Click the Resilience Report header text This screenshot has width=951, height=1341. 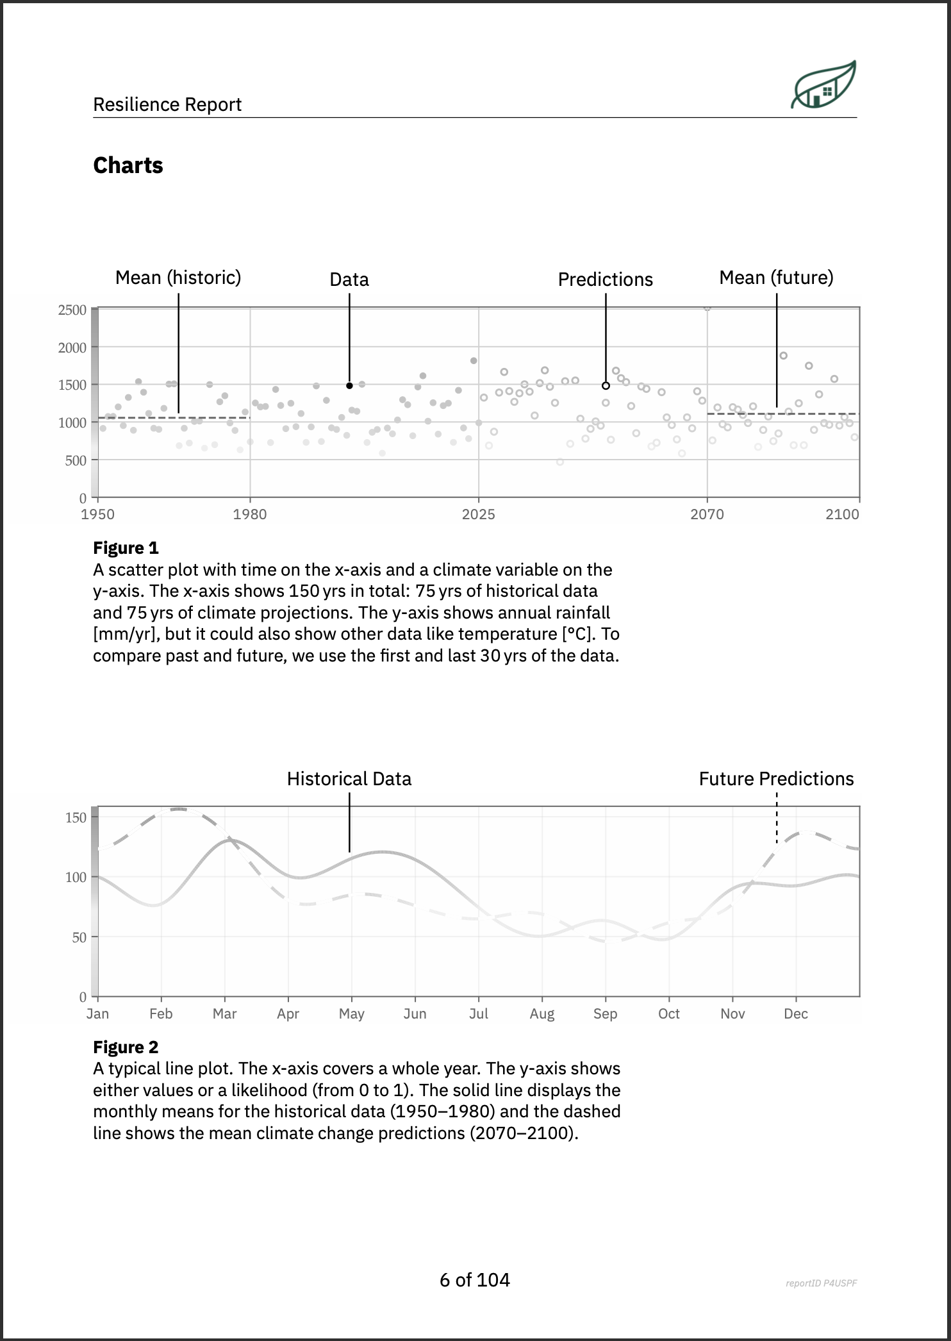pyautogui.click(x=167, y=104)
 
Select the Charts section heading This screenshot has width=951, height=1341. pyautogui.click(x=128, y=165)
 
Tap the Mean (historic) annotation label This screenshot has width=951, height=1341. pyautogui.click(x=178, y=278)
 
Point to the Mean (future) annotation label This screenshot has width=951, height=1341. pyautogui.click(x=776, y=278)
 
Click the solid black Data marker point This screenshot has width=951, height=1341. pyautogui.click(x=349, y=386)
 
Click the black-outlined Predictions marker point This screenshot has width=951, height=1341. pyautogui.click(x=606, y=386)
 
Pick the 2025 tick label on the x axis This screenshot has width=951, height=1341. pyautogui.click(x=478, y=515)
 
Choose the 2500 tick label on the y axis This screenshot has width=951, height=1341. pyautogui.click(x=72, y=310)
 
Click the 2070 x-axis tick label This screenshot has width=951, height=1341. pyautogui.click(x=706, y=515)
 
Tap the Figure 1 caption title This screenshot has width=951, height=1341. pyautogui.click(x=126, y=548)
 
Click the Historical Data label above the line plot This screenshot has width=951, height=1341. pyautogui.click(x=349, y=779)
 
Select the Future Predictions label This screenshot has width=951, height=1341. pyautogui.click(x=776, y=779)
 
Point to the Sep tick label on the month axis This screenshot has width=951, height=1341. pyautogui.click(x=605, y=1014)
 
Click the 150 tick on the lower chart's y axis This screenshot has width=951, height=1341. pyautogui.click(x=76, y=817)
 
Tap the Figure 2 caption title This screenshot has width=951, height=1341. pyautogui.click(x=126, y=1047)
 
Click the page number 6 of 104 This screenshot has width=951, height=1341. pyautogui.click(x=475, y=1281)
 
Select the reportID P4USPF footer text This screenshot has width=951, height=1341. pyautogui.click(x=821, y=1283)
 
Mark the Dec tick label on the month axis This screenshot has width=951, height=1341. pyautogui.click(x=796, y=1014)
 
